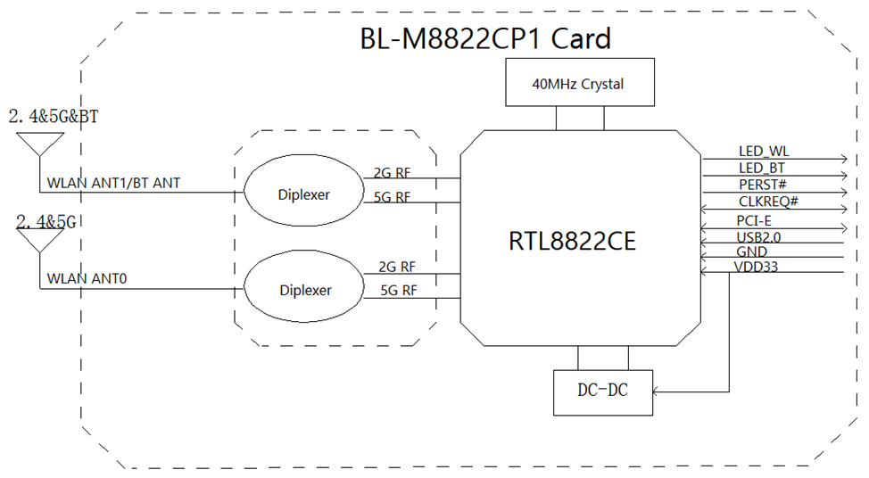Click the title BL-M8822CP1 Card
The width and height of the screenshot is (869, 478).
tap(484, 39)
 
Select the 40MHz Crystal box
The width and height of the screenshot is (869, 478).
tap(578, 85)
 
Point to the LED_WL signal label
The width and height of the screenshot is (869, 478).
tap(764, 152)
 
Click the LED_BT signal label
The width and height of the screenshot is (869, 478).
tap(761, 168)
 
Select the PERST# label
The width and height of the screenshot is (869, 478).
tap(761, 184)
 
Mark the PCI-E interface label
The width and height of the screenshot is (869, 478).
tap(754, 220)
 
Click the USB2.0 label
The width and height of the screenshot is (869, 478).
tap(759, 237)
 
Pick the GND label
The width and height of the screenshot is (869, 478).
tap(751, 252)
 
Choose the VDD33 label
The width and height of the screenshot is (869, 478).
tap(756, 267)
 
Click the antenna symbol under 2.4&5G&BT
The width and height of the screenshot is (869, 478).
tap(40, 144)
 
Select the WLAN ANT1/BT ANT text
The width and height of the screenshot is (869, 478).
tap(113, 183)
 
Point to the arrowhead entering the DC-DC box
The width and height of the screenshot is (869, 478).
tap(657, 391)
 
